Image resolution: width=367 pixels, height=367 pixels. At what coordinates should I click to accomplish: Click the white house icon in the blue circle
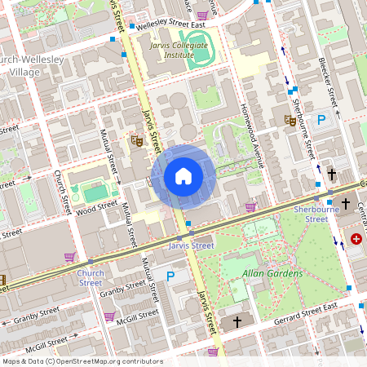click(183, 176)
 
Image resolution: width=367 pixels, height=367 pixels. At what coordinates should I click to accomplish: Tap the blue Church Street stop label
click(91, 278)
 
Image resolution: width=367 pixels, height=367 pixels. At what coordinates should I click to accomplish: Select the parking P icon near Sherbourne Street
click(321, 120)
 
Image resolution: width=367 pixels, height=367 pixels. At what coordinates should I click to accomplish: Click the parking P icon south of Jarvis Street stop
click(170, 276)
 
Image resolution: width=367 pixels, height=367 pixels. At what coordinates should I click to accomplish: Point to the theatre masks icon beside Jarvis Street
click(137, 141)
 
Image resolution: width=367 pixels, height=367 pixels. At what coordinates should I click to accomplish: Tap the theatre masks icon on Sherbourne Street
click(290, 120)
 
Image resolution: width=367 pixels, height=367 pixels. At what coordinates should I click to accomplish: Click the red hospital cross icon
click(356, 240)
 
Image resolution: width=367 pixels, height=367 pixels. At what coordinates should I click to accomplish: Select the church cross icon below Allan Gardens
click(237, 322)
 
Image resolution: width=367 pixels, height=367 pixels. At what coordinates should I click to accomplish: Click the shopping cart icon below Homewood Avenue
click(250, 207)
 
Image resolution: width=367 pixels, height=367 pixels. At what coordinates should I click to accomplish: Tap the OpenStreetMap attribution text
click(82, 361)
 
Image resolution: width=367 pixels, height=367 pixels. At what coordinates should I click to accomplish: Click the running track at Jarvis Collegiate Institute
click(197, 48)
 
